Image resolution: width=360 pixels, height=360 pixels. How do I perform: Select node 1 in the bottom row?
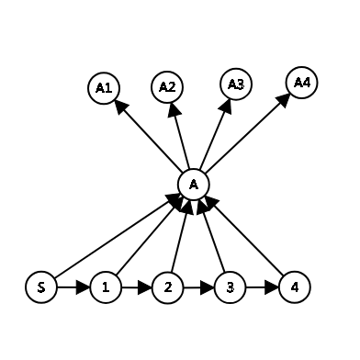click(107, 287)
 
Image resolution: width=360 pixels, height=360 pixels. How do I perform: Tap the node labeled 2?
click(168, 287)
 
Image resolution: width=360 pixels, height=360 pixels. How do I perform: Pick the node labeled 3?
click(230, 287)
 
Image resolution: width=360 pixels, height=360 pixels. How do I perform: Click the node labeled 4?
click(292, 287)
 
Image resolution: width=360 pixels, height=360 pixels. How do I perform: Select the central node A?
click(193, 184)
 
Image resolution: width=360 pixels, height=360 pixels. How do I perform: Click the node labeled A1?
click(104, 88)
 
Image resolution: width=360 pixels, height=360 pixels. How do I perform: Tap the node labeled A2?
click(167, 87)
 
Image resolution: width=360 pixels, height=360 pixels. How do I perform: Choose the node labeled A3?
click(235, 84)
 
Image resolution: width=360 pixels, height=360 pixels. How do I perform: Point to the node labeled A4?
click(302, 82)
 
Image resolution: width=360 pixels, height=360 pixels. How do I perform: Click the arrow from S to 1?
click(74, 287)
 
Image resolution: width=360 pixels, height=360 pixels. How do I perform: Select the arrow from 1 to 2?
click(137, 287)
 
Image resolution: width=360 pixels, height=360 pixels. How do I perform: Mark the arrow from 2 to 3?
click(198, 287)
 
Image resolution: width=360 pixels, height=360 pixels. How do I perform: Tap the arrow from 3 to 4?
click(261, 287)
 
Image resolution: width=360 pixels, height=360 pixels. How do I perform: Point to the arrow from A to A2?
click(180, 135)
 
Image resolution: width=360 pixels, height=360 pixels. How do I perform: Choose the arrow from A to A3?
click(214, 134)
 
